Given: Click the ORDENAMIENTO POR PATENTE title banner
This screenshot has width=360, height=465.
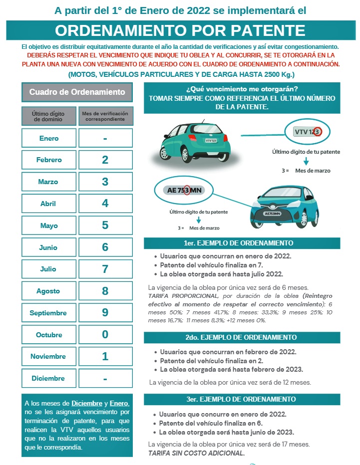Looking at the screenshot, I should [180, 30].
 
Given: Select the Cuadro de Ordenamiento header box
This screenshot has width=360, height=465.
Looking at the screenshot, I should [77, 92].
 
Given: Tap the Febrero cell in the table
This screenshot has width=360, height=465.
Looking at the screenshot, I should [49, 160].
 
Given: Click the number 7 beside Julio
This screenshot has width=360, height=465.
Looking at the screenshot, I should [105, 269].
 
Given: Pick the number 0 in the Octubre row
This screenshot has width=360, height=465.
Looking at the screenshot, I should [105, 334].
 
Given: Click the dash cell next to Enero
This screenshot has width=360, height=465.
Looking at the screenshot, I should [105, 138].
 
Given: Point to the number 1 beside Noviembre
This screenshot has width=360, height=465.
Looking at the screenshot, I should [105, 356].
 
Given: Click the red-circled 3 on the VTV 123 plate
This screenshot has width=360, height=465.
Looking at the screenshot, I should [318, 132].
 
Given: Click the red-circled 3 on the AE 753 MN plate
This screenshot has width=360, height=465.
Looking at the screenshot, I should [186, 190].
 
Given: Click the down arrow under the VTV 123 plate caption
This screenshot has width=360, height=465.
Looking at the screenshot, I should [306, 161].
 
